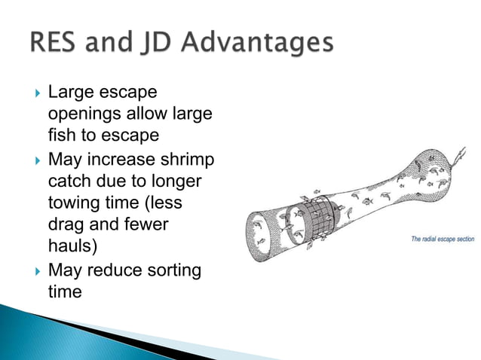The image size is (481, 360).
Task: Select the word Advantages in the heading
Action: click(x=261, y=43)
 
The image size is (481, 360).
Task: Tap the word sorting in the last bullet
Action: click(x=175, y=270)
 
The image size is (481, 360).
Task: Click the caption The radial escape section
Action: click(x=442, y=239)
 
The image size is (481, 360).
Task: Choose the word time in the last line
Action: click(x=64, y=291)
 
